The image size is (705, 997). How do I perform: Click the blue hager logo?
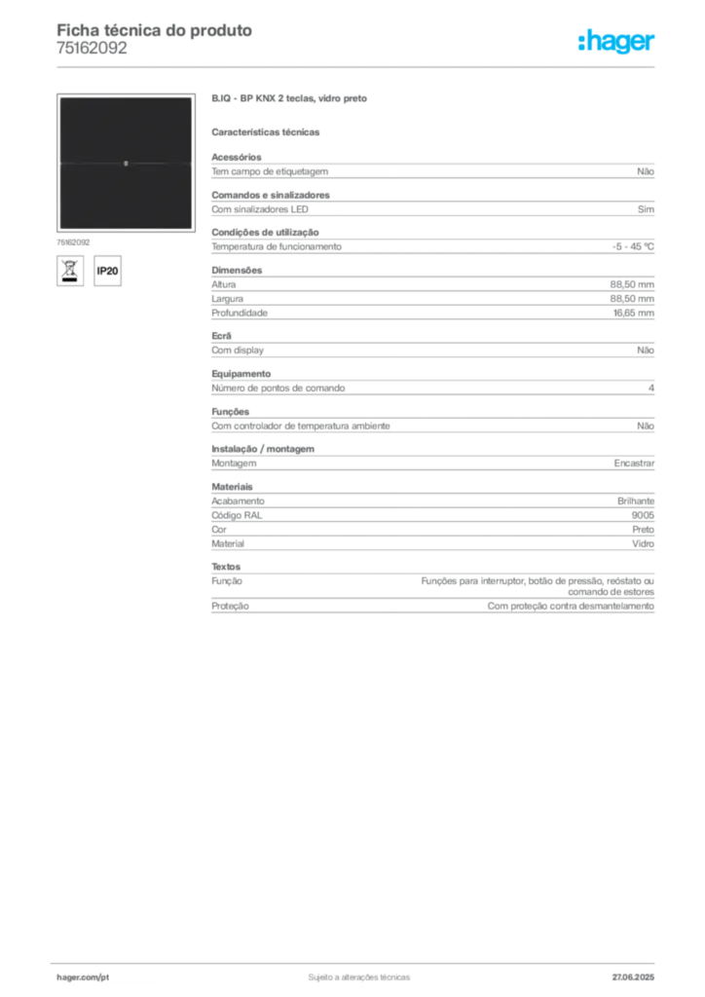617,43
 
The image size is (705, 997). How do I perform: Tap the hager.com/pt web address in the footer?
81,976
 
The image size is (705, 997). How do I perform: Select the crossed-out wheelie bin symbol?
69,271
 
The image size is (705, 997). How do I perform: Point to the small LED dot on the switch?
126,164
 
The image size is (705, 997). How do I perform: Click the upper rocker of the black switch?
126,129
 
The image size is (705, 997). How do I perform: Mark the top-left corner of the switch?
58,97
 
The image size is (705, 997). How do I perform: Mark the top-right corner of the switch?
192,97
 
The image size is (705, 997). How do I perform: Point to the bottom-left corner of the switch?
58,230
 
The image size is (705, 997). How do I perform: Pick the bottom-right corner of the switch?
192,230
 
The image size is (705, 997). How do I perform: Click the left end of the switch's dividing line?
59,164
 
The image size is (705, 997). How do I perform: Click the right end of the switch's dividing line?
191,164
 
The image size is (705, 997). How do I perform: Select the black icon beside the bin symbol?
110,271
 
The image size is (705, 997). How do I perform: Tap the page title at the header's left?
156,31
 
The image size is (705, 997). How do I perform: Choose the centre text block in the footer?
356,974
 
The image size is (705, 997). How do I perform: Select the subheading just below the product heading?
269,131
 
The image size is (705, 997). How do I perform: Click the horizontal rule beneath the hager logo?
358,66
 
